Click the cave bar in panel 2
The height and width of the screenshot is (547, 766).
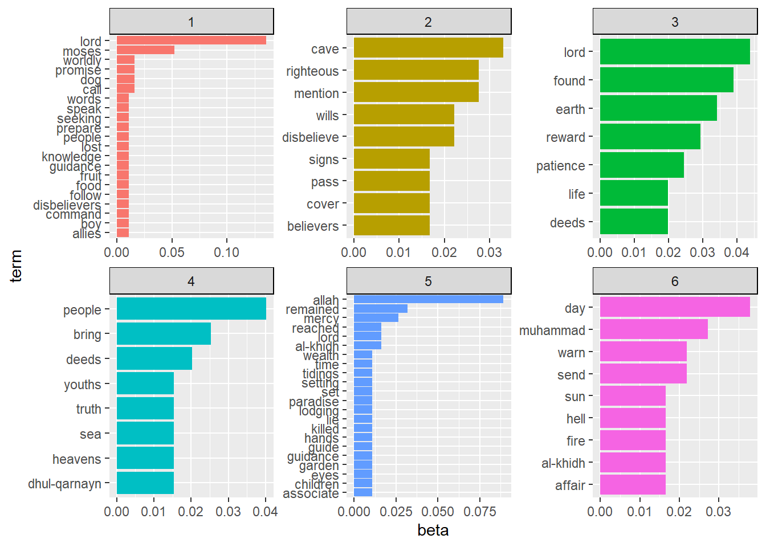[x=428, y=48]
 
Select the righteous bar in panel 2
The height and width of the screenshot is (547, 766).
[x=416, y=70]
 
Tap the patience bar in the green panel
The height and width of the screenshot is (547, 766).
[x=642, y=165]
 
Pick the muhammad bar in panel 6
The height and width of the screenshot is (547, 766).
[x=654, y=329]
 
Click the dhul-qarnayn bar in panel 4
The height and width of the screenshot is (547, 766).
[x=145, y=483]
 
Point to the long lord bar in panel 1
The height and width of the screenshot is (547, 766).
[x=191, y=40]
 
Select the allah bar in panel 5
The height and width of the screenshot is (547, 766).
[x=428, y=299]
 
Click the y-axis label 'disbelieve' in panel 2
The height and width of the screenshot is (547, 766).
[x=311, y=137]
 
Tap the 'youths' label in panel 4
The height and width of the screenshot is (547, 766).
[x=83, y=385]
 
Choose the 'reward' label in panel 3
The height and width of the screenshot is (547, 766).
[x=565, y=137]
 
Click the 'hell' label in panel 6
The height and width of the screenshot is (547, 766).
[x=576, y=419]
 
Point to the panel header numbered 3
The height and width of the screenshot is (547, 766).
[x=675, y=22]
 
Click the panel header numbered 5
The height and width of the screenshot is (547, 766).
[x=428, y=281]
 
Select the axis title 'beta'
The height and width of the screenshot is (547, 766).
[x=433, y=530]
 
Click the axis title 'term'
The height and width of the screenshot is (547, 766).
[x=16, y=266]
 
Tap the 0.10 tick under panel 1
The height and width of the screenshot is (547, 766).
[x=226, y=252]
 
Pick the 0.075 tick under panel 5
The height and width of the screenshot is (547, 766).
[x=479, y=512]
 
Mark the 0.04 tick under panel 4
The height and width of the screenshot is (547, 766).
[x=265, y=512]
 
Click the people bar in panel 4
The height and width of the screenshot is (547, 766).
[x=191, y=309]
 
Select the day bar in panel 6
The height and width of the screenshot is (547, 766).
[x=675, y=307]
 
